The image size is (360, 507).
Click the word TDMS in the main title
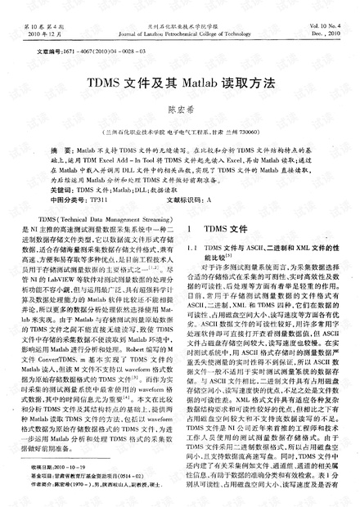pos(128,83)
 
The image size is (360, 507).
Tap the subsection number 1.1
pos(193,247)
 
